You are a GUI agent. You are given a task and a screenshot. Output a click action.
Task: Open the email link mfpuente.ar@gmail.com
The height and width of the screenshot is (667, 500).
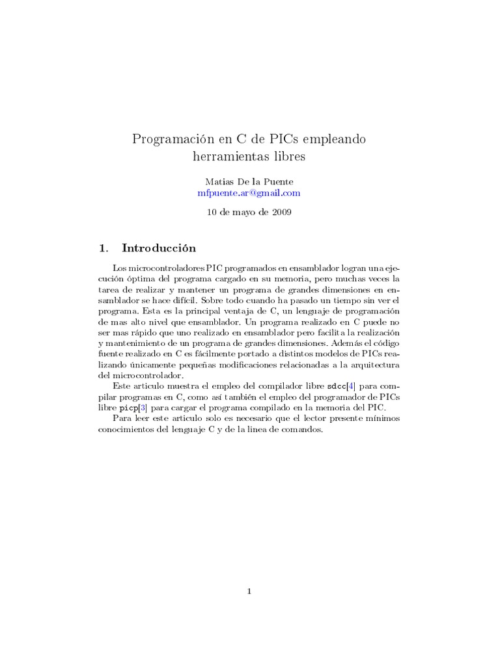pyautogui.click(x=249, y=193)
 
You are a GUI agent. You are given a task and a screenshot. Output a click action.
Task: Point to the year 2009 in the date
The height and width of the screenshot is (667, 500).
pyautogui.click(x=281, y=212)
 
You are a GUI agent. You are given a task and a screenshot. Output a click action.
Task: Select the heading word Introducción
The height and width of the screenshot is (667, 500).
pyautogui.click(x=158, y=248)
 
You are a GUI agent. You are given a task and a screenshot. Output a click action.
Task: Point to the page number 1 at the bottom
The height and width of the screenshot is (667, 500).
pyautogui.click(x=249, y=591)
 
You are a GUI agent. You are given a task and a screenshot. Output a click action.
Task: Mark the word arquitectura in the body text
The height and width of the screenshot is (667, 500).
pyautogui.click(x=374, y=365)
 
